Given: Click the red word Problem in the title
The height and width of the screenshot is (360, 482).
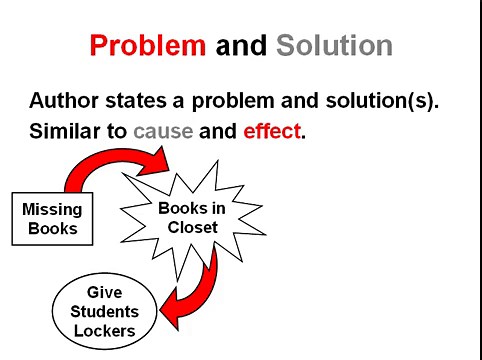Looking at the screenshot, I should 148,46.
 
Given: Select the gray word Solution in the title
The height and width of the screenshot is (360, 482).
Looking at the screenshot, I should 334,46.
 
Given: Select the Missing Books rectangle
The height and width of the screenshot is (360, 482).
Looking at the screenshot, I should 52,218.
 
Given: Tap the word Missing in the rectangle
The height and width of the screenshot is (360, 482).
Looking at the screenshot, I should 52,209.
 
